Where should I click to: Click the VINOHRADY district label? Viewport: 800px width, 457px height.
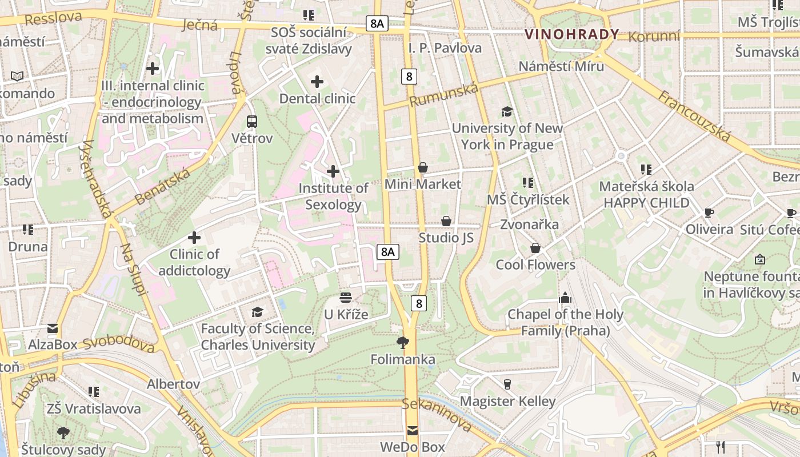[572, 34]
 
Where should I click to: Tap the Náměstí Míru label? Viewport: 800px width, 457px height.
[561, 66]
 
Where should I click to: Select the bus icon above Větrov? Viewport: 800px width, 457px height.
[252, 121]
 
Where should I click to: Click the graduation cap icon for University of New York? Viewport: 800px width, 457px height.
[507, 111]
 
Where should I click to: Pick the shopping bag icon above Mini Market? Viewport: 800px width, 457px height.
[423, 167]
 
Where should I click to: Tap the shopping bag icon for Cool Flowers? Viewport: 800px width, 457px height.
[535, 248]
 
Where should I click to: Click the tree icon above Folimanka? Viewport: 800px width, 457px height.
[403, 343]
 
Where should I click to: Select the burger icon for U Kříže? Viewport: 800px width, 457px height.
[346, 297]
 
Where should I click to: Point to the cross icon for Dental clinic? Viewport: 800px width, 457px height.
[317, 82]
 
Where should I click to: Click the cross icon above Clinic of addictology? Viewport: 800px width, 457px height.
[194, 237]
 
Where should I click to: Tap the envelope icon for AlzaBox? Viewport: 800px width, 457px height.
[53, 328]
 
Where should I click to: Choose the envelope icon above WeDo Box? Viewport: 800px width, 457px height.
[413, 431]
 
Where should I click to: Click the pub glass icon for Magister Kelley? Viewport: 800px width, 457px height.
[507, 384]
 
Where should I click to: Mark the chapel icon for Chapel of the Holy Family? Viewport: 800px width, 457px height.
[565, 297]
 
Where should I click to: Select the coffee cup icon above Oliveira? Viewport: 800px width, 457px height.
[709, 213]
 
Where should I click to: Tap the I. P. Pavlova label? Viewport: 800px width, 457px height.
[445, 48]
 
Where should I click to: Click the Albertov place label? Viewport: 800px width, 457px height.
[173, 384]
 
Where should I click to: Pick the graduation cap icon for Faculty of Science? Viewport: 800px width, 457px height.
[258, 312]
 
